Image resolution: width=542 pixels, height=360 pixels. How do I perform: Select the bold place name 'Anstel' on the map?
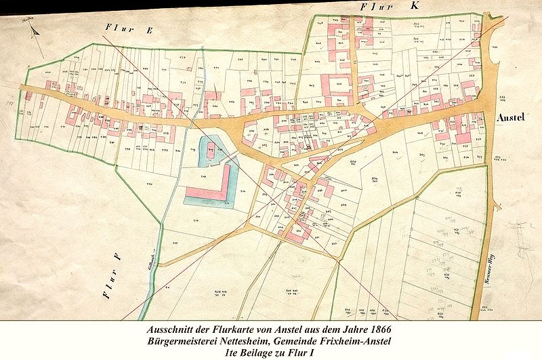(512, 117)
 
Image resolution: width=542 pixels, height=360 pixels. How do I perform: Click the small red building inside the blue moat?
(211, 153)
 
